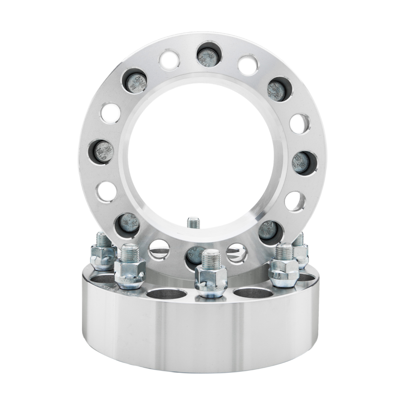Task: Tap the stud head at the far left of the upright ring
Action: pyautogui.click(x=101, y=152)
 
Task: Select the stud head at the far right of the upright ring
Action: pyautogui.click(x=301, y=162)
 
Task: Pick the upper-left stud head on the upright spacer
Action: pyautogui.click(x=135, y=82)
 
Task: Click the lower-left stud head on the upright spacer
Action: pyautogui.click(x=129, y=224)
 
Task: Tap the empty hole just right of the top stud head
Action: pyautogui.click(x=247, y=65)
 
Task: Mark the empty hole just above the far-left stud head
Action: pyautogui.click(x=111, y=113)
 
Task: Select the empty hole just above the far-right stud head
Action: pyautogui.click(x=300, y=123)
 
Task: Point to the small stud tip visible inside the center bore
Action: pyautogui.click(x=193, y=222)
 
